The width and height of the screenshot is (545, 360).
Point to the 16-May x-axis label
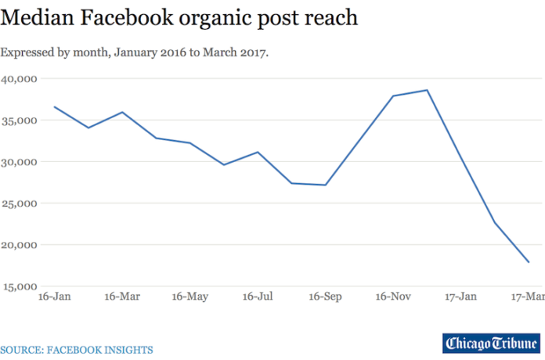[x=189, y=297]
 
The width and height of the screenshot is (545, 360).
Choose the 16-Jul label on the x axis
[x=257, y=297]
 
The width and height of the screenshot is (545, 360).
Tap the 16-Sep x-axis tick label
[x=325, y=297]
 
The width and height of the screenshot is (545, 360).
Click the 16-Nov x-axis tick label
[x=392, y=297]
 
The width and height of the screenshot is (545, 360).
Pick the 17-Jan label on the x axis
[x=460, y=297]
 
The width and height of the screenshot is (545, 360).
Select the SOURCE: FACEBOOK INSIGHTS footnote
[x=77, y=350]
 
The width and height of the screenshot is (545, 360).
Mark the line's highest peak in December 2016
[x=427, y=90]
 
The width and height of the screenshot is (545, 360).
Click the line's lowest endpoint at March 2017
[x=529, y=262]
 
